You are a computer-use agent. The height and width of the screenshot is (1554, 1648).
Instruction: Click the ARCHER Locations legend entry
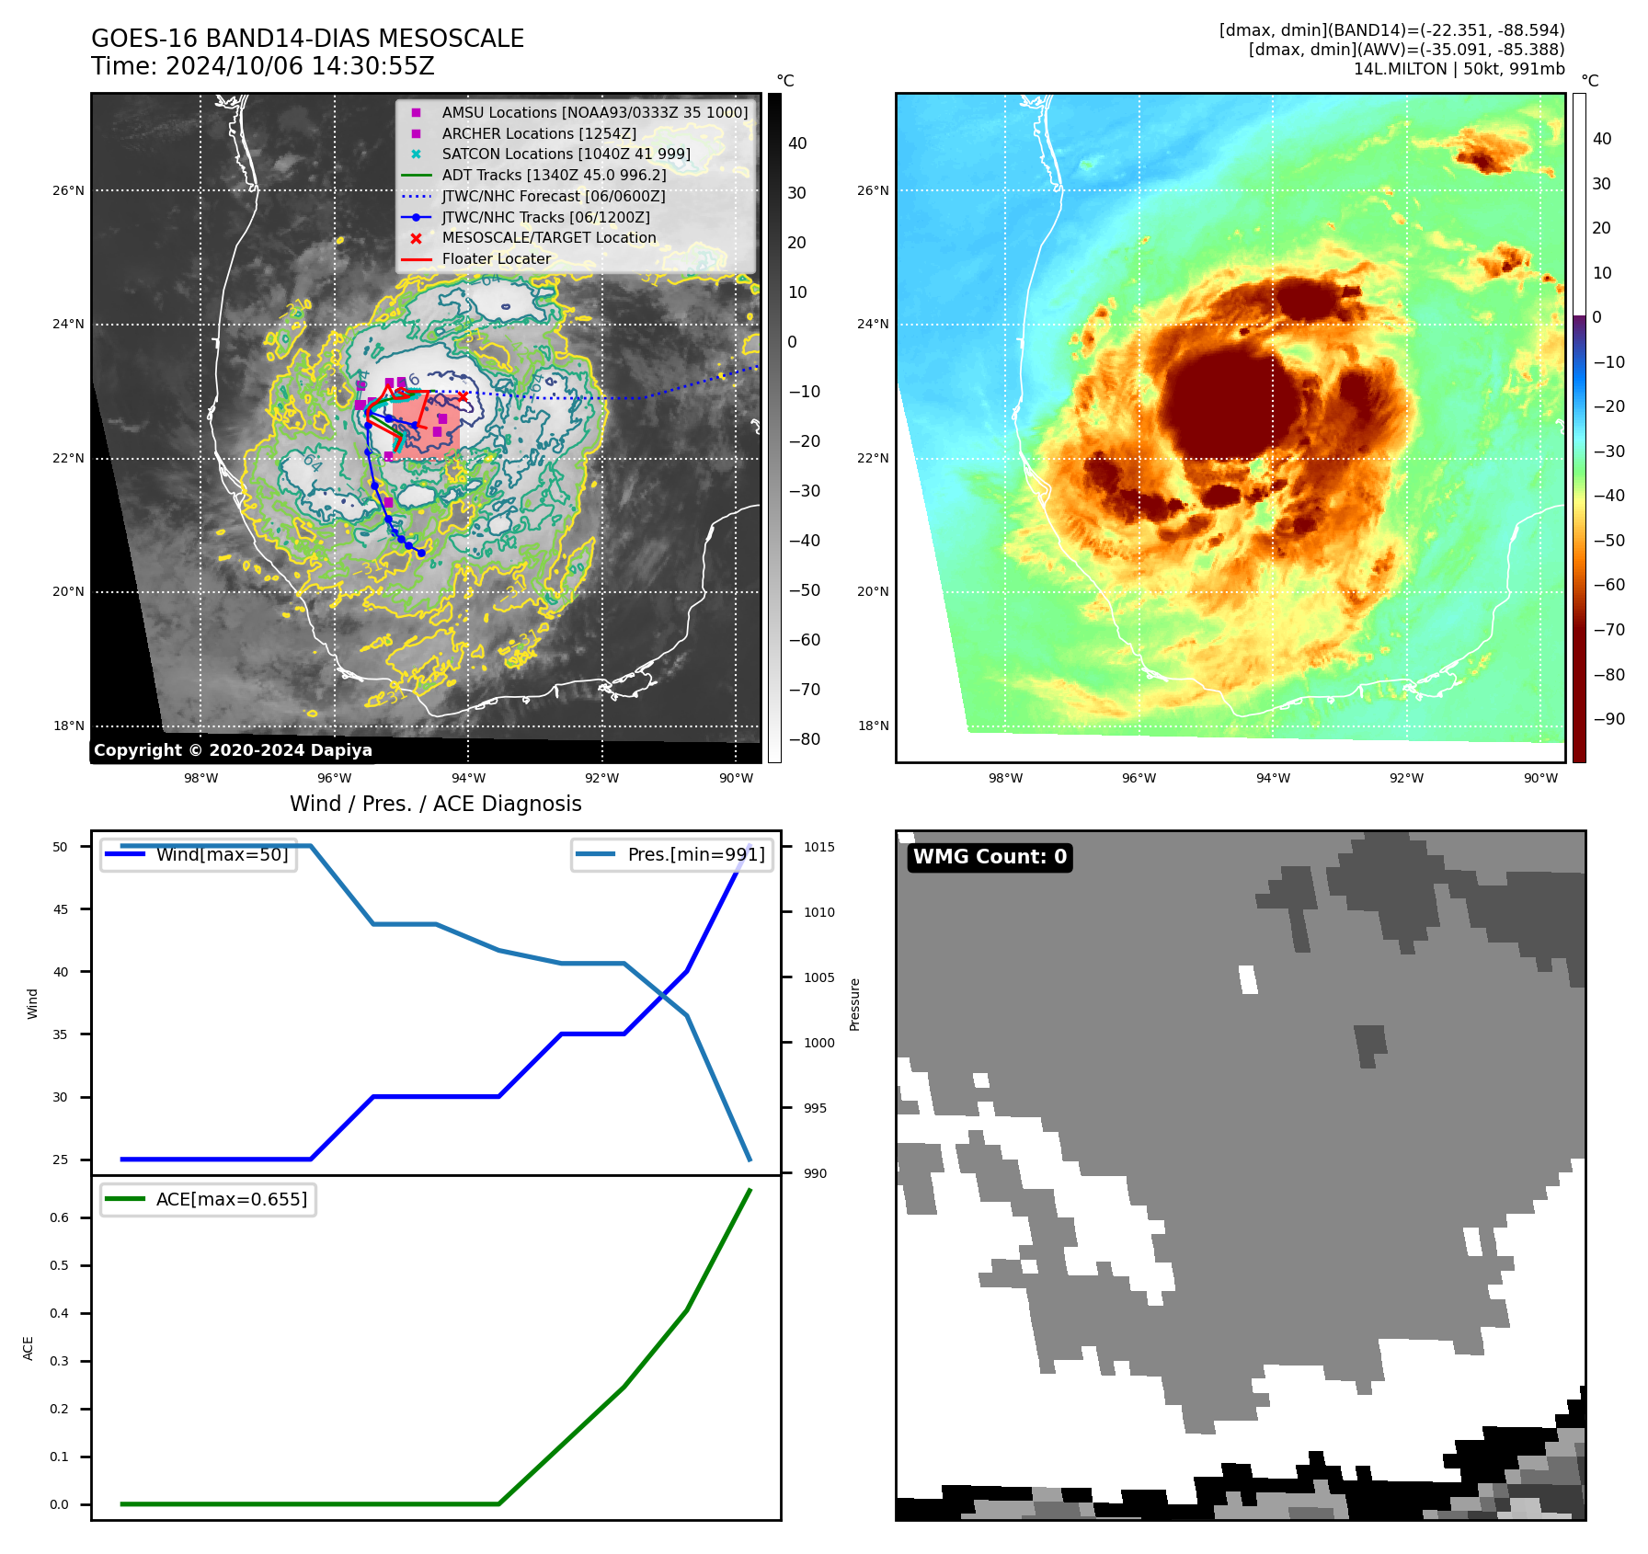(x=539, y=133)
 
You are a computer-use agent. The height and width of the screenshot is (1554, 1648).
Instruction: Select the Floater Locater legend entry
(x=496, y=259)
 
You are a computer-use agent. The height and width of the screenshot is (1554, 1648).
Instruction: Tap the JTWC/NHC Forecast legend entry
(x=553, y=196)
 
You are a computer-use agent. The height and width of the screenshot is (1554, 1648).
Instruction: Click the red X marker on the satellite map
(x=463, y=397)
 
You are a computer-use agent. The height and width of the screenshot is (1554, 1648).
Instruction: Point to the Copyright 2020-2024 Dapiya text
(x=233, y=750)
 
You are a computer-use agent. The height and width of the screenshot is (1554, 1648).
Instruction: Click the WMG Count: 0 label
(x=990, y=857)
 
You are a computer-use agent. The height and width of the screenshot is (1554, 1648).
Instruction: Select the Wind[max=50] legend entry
(x=222, y=854)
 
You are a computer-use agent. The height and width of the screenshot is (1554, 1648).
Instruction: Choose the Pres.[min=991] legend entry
(x=695, y=854)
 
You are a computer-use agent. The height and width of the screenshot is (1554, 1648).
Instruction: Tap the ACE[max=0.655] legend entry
(x=231, y=1199)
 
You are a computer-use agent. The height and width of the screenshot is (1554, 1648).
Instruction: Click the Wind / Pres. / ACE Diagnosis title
(x=436, y=804)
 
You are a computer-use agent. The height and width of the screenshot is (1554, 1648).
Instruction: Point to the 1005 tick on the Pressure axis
(x=818, y=977)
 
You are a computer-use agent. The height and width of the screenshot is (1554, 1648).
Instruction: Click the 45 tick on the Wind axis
(x=61, y=909)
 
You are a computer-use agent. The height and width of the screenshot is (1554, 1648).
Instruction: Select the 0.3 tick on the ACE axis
(x=59, y=1361)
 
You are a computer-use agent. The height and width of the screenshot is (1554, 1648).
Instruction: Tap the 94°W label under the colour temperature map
(x=1273, y=778)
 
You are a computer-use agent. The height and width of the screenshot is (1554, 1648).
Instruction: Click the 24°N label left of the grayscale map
(x=68, y=324)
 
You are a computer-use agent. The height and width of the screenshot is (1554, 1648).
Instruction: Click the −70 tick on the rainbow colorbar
(x=1608, y=630)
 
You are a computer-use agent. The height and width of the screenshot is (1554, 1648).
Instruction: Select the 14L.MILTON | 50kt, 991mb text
(x=1459, y=69)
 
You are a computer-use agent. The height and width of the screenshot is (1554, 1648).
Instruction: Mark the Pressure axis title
(x=854, y=1004)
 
